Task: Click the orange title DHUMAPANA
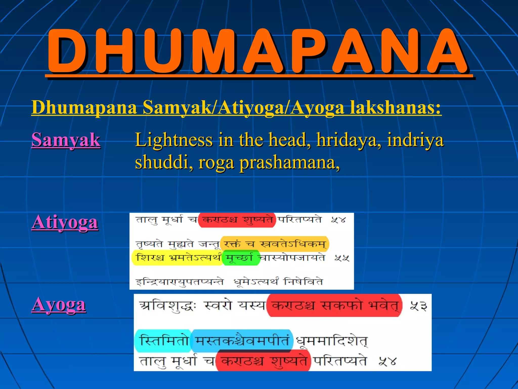[x=258, y=52]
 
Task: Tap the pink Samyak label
[x=66, y=140]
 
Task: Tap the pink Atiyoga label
[x=65, y=222]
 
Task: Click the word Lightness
[x=174, y=140]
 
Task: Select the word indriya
[x=415, y=140]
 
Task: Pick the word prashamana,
[x=290, y=162]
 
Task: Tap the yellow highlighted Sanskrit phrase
[x=177, y=258]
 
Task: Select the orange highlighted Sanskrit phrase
[x=274, y=244]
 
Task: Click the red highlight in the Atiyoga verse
[x=237, y=220]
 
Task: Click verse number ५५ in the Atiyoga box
[x=342, y=258]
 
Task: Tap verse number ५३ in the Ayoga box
[x=418, y=306]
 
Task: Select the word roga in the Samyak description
[x=216, y=162]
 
